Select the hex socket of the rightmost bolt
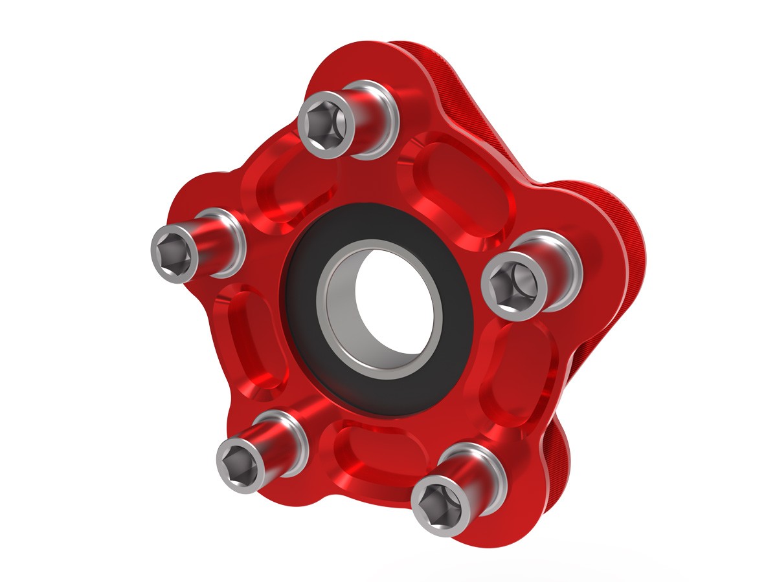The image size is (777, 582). click(512, 286)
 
